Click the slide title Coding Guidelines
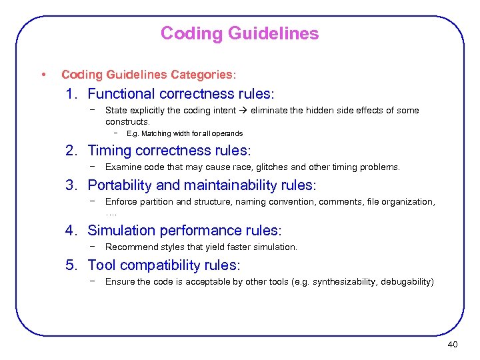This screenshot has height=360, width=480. pyautogui.click(x=239, y=33)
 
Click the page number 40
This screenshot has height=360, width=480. pyautogui.click(x=453, y=344)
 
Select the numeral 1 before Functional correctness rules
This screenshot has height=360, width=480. pyautogui.click(x=70, y=94)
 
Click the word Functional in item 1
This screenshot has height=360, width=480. pyautogui.click(x=120, y=94)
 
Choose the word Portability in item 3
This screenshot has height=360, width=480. pyautogui.click(x=119, y=185)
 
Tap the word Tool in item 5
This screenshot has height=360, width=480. pyautogui.click(x=101, y=265)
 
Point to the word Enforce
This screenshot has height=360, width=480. pyautogui.click(x=121, y=201)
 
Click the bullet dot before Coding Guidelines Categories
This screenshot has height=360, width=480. pyautogui.click(x=43, y=73)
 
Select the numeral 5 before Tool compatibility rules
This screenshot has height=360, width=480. pyautogui.click(x=70, y=265)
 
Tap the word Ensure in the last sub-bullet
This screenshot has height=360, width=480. pyautogui.click(x=119, y=281)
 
